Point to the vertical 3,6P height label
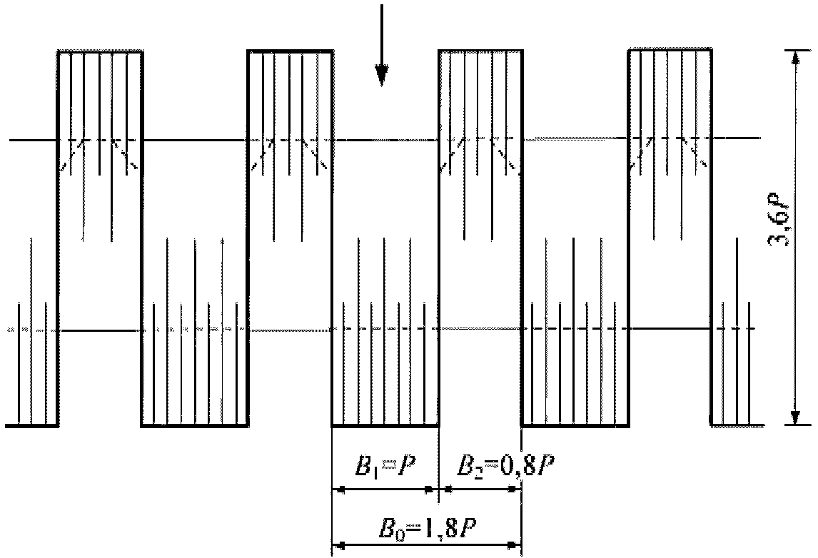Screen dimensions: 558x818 click(779, 227)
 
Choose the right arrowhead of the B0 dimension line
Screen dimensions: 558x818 click(515, 547)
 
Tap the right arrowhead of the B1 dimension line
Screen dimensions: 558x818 click(430, 489)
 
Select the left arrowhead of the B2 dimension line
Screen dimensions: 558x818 click(446, 489)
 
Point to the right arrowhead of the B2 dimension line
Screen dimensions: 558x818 click(515, 489)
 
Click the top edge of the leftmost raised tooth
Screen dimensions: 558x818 click(100, 51)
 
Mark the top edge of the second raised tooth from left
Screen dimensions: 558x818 click(290, 51)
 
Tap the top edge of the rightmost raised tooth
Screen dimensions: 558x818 click(670, 51)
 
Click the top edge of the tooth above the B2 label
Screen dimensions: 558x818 click(480, 51)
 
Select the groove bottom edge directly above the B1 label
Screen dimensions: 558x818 click(385, 425)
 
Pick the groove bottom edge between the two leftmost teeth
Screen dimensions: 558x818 click(194, 425)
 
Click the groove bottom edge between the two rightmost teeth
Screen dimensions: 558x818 click(575, 425)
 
